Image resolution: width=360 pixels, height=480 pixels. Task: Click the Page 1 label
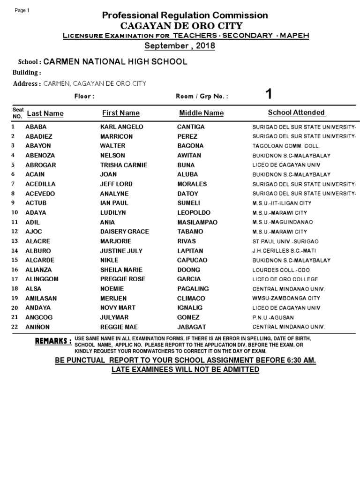[x=22, y=11]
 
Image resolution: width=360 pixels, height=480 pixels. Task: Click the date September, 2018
[x=180, y=45]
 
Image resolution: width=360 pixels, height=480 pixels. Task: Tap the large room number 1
[x=268, y=94]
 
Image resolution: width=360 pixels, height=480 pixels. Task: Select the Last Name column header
[x=45, y=113]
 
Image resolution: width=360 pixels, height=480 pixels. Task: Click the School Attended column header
[x=296, y=112]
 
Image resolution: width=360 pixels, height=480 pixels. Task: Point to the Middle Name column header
[x=201, y=113]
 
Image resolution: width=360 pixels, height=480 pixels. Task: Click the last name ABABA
[x=37, y=127]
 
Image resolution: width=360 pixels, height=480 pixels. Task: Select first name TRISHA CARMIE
[x=123, y=165]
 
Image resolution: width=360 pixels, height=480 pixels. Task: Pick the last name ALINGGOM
[x=42, y=279]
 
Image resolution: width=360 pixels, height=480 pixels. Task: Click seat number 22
[x=14, y=327]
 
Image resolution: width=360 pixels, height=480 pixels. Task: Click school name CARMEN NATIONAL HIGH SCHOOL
[x=115, y=61]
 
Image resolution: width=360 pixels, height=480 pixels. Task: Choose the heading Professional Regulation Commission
[x=185, y=15]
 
